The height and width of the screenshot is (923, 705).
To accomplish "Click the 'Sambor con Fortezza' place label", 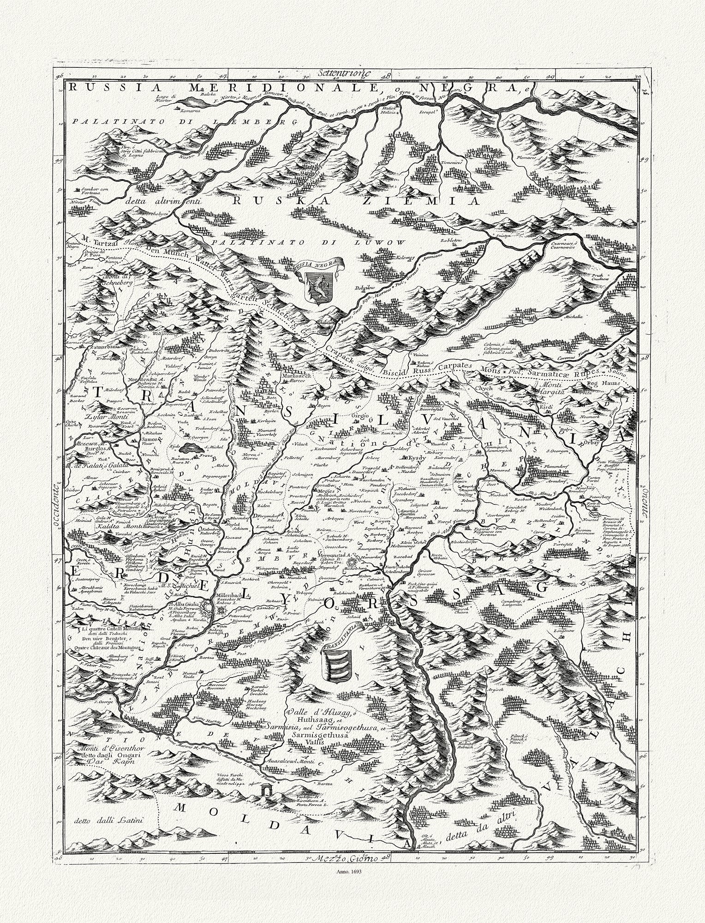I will pyautogui.click(x=93, y=192).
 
